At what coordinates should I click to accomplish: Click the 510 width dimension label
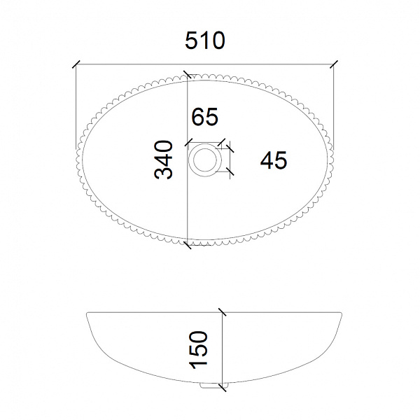point(205,41)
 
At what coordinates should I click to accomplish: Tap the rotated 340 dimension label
point(163,160)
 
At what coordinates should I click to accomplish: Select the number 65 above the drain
point(205,116)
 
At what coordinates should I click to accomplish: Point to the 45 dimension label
point(274,160)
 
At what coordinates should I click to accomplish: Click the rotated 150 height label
point(198,350)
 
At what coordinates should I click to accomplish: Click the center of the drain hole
point(205,160)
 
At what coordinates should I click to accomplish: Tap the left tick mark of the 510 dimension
point(76,64)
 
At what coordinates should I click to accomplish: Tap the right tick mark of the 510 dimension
point(334,64)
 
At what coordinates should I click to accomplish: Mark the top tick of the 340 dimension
point(187,74)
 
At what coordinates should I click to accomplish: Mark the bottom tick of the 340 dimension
point(187,245)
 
